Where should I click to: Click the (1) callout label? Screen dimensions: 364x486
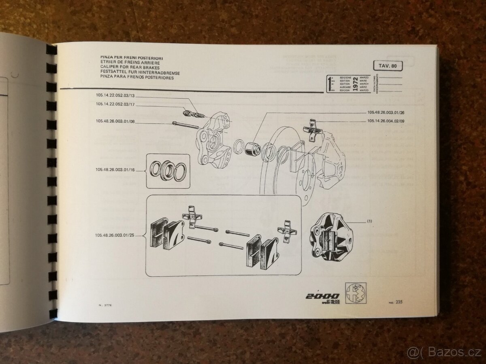[369, 221]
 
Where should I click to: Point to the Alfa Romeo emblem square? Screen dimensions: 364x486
[355, 293]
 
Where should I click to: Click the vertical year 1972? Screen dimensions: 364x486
[355, 84]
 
